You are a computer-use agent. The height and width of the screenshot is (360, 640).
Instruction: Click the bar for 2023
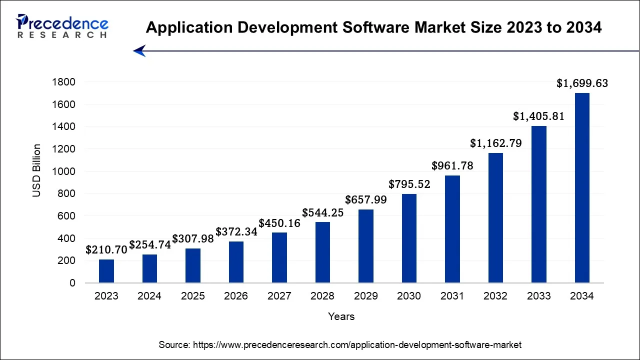click(x=106, y=271)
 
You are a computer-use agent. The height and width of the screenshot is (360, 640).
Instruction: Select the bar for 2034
click(x=582, y=188)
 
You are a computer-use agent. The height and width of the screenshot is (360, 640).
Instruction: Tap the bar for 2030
click(x=409, y=238)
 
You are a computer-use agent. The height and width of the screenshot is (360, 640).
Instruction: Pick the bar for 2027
click(x=279, y=257)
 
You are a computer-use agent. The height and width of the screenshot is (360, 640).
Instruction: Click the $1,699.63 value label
click(x=582, y=83)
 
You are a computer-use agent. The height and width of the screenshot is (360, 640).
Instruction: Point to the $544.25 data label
click(x=322, y=212)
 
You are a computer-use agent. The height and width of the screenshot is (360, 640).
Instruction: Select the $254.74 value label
click(x=149, y=245)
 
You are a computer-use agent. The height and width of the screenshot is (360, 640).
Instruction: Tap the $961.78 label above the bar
click(x=452, y=166)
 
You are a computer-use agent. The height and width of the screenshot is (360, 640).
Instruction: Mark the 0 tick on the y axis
click(x=72, y=283)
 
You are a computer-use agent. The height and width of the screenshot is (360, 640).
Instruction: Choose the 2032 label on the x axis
click(x=495, y=296)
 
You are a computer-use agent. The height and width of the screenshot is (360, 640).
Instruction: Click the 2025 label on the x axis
click(x=192, y=296)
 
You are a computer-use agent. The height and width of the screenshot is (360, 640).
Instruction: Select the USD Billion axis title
click(x=37, y=170)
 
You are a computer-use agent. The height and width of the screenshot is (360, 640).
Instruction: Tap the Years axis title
click(x=341, y=316)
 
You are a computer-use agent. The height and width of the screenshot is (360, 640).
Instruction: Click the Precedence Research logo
click(x=62, y=26)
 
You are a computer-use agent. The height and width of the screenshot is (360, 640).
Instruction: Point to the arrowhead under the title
click(x=139, y=50)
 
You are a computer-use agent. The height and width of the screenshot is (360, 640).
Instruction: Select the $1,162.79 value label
click(x=495, y=143)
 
